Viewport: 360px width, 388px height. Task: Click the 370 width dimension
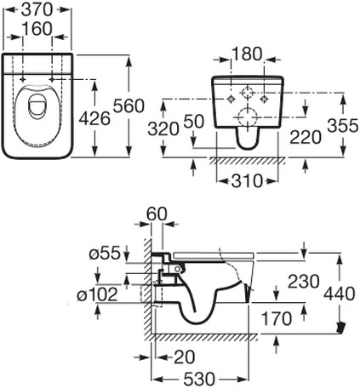[x=37, y=10]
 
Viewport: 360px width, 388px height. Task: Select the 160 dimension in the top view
[x=37, y=29]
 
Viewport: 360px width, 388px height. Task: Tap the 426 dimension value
[x=94, y=118]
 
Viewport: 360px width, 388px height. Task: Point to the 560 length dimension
[x=129, y=106]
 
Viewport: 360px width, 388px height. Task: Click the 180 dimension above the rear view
[x=247, y=54]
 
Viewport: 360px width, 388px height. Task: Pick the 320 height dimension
[x=163, y=129]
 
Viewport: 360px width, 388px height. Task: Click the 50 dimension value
[x=194, y=122]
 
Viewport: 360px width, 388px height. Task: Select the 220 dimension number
[x=306, y=137]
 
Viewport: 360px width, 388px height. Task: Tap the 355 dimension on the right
[x=343, y=126]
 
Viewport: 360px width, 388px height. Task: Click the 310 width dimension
[x=247, y=180]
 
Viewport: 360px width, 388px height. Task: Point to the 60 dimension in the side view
[x=157, y=214]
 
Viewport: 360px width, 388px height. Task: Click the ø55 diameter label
[x=105, y=253]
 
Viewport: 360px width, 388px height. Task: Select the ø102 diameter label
[x=97, y=294]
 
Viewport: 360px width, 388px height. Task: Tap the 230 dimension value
[x=304, y=282]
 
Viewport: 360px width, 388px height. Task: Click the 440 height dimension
[x=340, y=294]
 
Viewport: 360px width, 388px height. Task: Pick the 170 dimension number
[x=277, y=318]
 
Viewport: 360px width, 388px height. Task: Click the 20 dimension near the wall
[x=185, y=357]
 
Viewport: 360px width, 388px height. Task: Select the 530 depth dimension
[x=199, y=379]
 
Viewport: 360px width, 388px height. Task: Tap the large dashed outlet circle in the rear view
[x=247, y=117]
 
